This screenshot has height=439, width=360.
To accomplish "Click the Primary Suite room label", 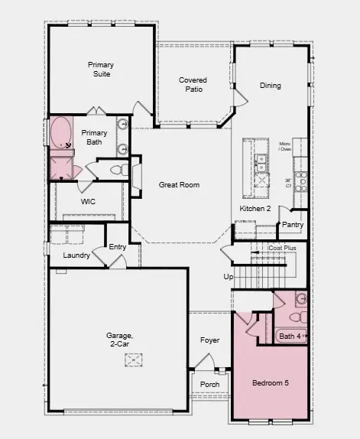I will (100, 70).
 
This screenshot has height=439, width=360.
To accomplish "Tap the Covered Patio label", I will (193, 85).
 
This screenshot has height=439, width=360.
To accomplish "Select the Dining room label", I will (270, 86).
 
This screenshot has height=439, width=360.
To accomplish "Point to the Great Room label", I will (179, 184).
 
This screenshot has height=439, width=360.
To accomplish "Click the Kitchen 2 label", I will (256, 208).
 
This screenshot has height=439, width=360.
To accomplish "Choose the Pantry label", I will (293, 225).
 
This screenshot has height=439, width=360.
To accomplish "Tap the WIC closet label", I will (88, 202).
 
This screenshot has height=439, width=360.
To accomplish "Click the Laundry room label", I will (76, 255).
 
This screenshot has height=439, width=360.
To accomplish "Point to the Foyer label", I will (209, 340).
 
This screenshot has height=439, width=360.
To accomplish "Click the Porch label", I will (209, 384).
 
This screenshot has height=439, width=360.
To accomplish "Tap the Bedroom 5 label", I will (271, 382).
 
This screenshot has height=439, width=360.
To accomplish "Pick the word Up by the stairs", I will (227, 276).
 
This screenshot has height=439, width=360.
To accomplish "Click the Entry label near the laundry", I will (118, 246).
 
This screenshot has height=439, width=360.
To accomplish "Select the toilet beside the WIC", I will (118, 169).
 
